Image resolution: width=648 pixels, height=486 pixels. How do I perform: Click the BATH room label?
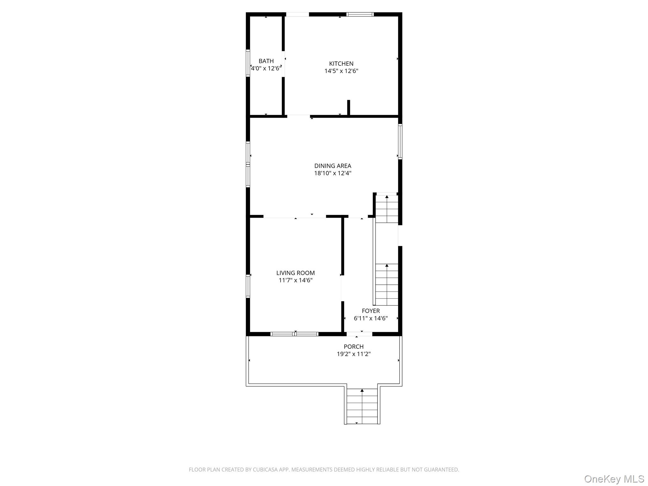266,61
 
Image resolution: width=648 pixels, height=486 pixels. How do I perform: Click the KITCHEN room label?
341,64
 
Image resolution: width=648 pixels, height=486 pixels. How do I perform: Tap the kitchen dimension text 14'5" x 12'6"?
341,71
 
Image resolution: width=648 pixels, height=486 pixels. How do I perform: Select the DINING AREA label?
333,166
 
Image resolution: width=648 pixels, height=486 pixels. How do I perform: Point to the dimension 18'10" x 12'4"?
333,173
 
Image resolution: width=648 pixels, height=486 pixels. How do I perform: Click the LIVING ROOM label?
296,273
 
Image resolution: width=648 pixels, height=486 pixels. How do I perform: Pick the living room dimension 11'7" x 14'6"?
296,280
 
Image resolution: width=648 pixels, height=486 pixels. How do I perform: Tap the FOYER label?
371,311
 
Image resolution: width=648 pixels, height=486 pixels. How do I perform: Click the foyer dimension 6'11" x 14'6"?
371,318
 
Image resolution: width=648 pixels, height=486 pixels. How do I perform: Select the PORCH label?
353,346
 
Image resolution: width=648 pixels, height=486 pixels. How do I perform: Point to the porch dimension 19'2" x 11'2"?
353,354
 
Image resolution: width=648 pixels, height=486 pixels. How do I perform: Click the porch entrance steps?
362,407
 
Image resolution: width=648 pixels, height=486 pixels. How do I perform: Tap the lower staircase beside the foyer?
387,285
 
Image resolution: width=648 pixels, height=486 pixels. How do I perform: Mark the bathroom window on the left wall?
248,63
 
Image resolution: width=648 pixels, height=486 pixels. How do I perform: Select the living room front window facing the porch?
295,334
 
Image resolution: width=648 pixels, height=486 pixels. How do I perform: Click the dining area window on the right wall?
400,141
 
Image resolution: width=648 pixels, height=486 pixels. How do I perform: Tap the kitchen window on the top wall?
360,14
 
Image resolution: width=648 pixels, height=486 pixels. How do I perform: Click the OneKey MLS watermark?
614,479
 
